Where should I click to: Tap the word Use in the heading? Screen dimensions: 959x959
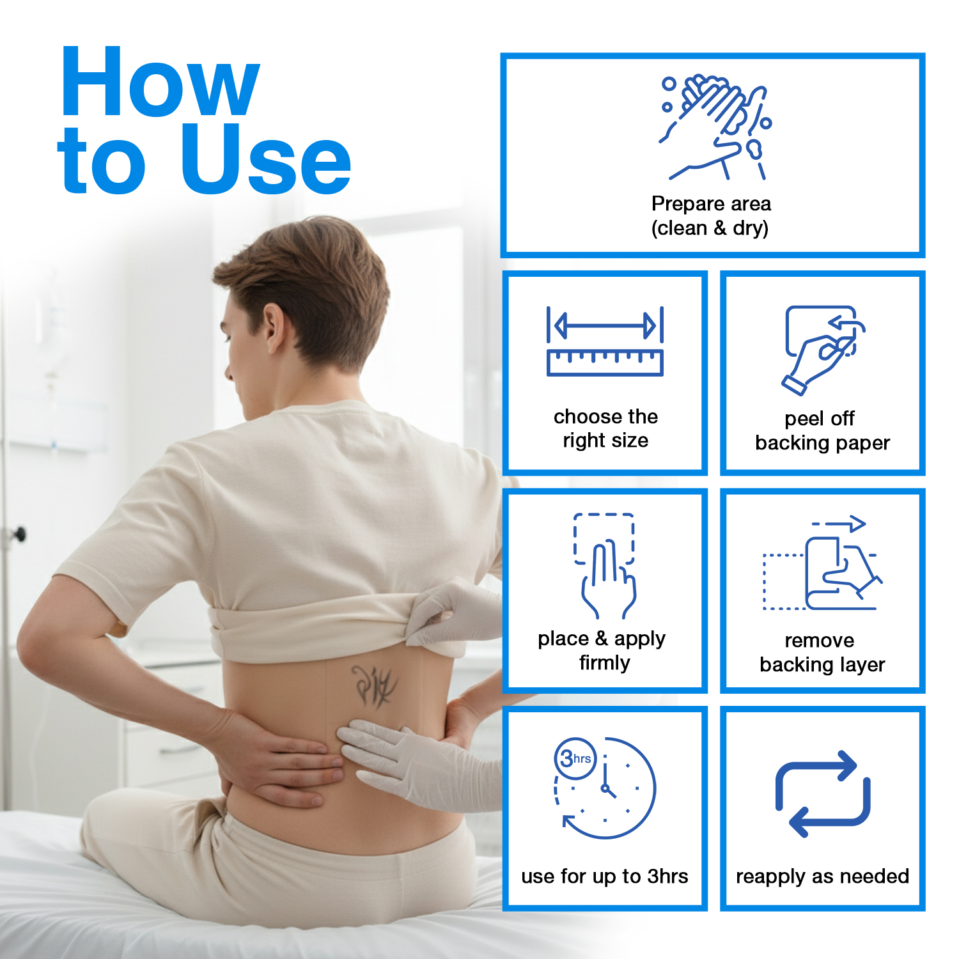pyautogui.click(x=267, y=158)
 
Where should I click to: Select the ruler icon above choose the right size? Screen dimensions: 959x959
pyautogui.click(x=605, y=363)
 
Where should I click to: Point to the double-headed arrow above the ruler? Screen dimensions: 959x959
pyautogui.click(x=605, y=325)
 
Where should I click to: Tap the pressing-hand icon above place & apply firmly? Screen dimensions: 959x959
pyautogui.click(x=605, y=566)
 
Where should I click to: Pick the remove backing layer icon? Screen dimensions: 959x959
pyautogui.click(x=823, y=563)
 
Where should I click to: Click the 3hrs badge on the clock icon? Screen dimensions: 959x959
pyautogui.click(x=575, y=758)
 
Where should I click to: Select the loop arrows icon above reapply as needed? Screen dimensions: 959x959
pyautogui.click(x=823, y=793)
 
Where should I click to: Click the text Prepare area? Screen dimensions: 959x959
pyautogui.click(x=711, y=203)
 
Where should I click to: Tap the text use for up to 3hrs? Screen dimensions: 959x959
pyautogui.click(x=605, y=876)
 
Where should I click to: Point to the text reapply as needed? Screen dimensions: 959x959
pyautogui.click(x=823, y=877)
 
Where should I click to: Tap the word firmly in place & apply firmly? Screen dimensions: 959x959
pyautogui.click(x=604, y=663)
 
